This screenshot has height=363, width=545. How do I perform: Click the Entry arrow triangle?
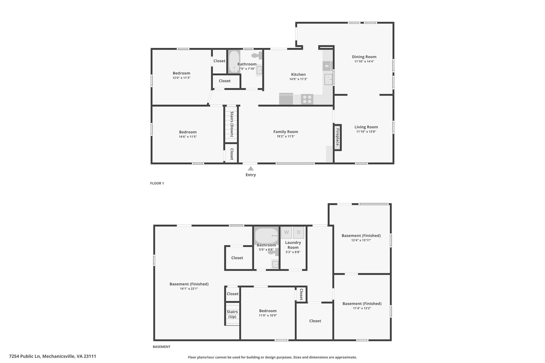click(x=251, y=168)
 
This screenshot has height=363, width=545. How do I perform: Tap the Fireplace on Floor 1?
click(x=337, y=137)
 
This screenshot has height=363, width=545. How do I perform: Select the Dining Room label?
click(x=364, y=57)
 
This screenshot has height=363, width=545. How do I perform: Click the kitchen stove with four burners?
click(x=307, y=99)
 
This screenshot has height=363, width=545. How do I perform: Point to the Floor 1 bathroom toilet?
click(x=257, y=56)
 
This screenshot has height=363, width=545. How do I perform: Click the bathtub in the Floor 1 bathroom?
click(x=234, y=61)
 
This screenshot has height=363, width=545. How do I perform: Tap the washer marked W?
click(x=287, y=232)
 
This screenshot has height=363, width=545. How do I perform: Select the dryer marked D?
click(x=299, y=232)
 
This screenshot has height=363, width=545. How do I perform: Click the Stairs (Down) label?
click(x=232, y=124)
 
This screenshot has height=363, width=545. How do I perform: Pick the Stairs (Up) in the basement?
click(x=232, y=314)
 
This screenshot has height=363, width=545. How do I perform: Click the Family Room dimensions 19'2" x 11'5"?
click(x=286, y=136)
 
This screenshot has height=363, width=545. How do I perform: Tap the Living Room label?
click(x=366, y=127)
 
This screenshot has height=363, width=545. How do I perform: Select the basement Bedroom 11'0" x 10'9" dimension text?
click(x=268, y=315)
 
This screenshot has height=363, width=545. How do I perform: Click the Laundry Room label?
click(x=293, y=245)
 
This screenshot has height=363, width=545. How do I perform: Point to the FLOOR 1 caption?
click(x=157, y=183)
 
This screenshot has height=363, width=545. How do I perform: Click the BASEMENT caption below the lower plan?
click(x=162, y=347)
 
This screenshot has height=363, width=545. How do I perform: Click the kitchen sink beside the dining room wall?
click(x=328, y=80)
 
